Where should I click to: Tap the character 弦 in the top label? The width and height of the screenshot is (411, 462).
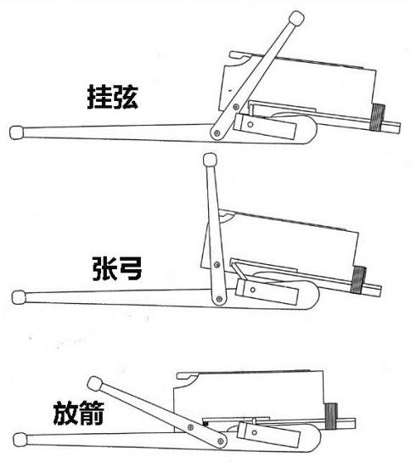click(125, 97)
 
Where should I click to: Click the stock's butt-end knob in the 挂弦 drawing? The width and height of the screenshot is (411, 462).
click(15, 132)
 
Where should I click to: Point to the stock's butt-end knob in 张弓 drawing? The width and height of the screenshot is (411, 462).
click(18, 296)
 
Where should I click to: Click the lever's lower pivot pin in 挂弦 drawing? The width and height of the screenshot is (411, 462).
click(217, 132)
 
